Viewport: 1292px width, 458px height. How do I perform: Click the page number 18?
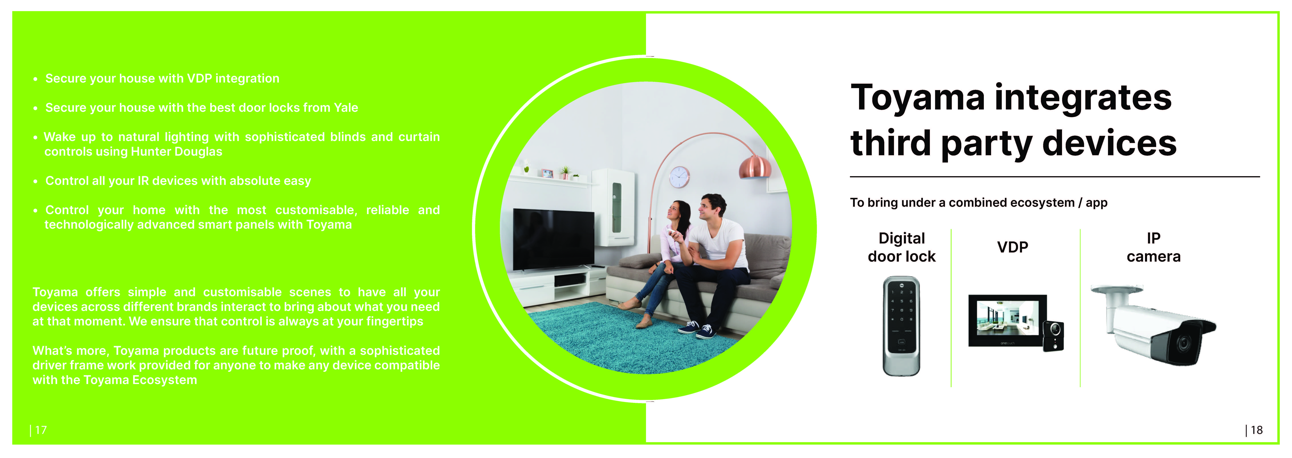point(1256,430)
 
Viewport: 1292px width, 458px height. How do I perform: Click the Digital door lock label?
point(901,247)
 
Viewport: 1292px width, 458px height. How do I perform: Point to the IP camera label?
point(1153,247)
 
